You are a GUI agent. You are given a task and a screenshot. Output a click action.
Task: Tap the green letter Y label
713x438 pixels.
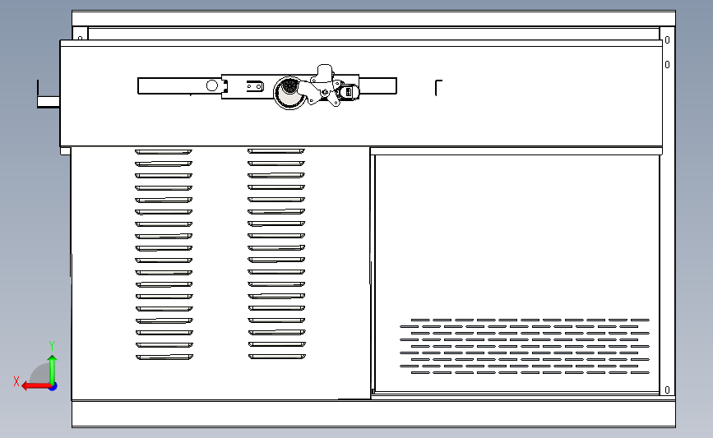pos(51,345)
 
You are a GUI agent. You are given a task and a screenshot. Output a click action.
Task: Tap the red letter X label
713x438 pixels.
pos(16,381)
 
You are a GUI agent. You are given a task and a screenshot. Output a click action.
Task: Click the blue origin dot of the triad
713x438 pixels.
pos(53,385)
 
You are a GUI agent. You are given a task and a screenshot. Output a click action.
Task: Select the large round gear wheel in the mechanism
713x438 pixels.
pos(289,91)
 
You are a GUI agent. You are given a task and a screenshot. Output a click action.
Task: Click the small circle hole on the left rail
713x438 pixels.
pos(211,85)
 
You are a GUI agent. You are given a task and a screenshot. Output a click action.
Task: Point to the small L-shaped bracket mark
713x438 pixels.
pos(438,87)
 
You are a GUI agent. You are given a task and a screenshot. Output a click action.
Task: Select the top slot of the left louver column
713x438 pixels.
pos(164,151)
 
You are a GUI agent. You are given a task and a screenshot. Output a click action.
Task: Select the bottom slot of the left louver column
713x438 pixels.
pos(164,357)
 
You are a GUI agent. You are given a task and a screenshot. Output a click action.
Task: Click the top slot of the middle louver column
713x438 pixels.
pos(276,151)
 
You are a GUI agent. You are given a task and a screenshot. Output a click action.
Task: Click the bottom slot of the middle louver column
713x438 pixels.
pos(276,357)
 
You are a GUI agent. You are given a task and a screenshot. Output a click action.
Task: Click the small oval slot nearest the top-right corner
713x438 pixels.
pos(667,39)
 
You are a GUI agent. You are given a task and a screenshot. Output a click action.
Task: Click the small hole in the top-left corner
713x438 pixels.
pos(81,36)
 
